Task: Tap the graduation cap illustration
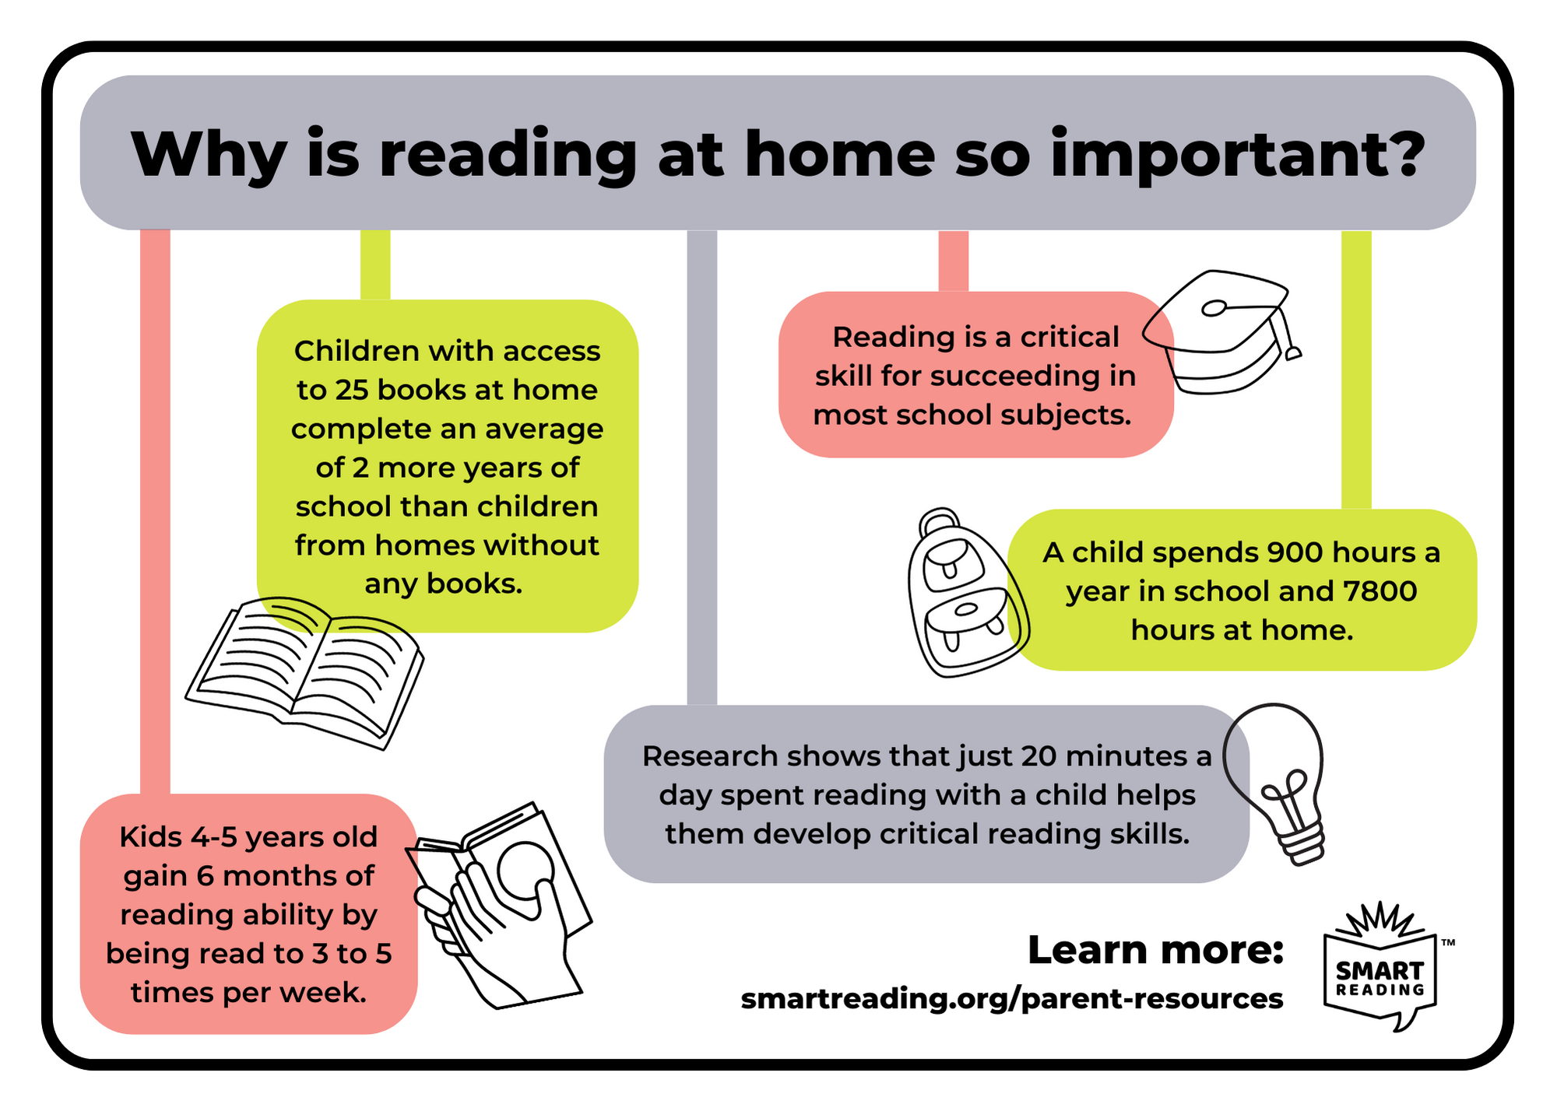1218,331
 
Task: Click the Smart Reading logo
1380,969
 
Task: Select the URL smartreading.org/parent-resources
1011,998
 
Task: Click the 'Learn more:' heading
1155,950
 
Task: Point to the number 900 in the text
1295,552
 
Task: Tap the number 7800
1380,591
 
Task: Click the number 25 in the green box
352,390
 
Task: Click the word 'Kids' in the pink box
151,837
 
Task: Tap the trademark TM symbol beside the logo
1448,943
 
